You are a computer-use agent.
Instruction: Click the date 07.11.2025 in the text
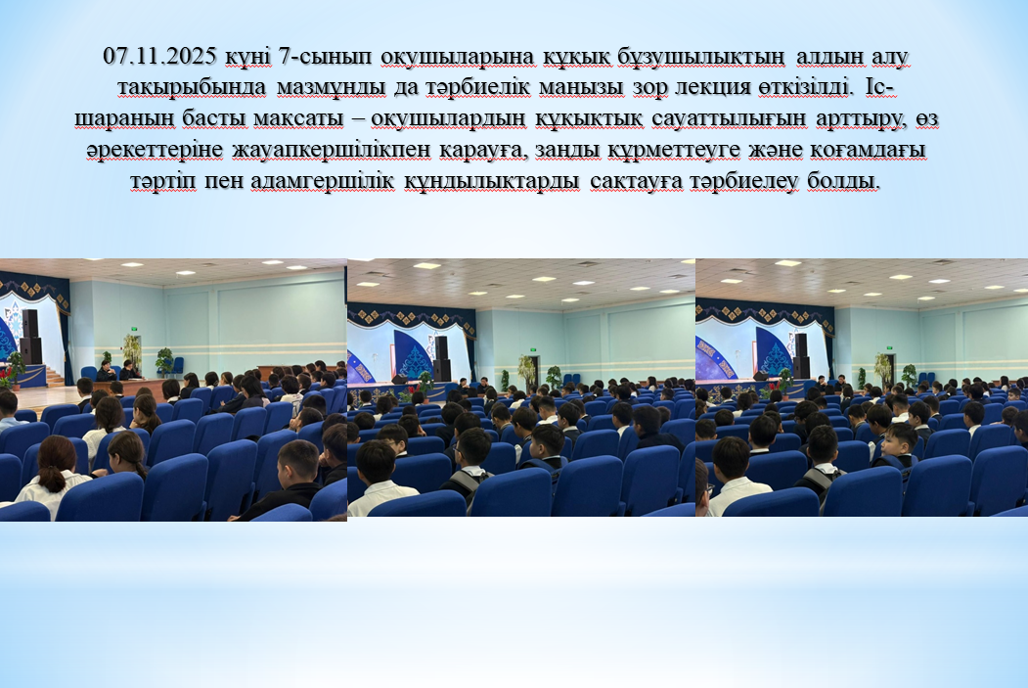159,57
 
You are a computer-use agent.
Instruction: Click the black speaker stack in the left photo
30,337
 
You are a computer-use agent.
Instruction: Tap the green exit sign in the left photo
134,328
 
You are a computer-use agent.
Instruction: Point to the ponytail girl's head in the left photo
57,463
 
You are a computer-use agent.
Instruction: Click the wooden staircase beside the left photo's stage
56,376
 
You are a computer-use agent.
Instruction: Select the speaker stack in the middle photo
442,358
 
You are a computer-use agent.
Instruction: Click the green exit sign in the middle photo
533,349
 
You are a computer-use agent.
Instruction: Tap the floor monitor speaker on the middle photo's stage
399,379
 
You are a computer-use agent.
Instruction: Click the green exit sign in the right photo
890,347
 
